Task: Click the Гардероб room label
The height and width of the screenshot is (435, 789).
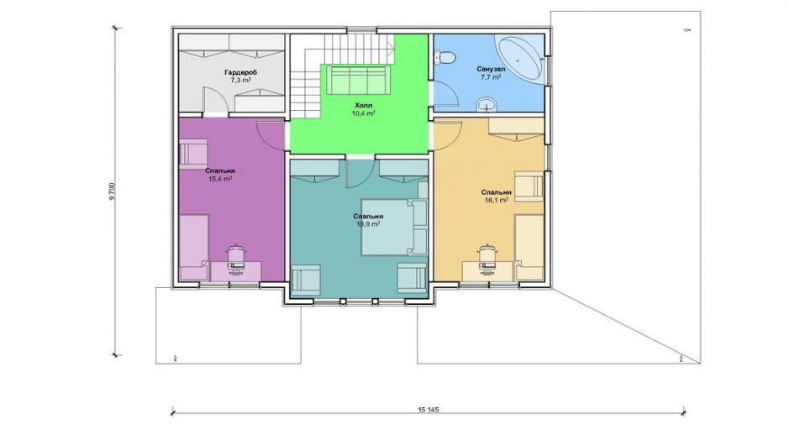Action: coord(240,72)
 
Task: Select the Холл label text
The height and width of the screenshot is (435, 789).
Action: coord(363,106)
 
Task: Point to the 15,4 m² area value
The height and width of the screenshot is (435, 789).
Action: coord(220,179)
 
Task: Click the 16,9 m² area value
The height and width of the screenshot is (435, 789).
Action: coord(368,223)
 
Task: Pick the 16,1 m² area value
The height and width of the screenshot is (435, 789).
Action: coord(496,200)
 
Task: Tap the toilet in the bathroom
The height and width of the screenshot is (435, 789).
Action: coord(444,57)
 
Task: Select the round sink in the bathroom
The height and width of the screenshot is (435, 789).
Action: coord(486,105)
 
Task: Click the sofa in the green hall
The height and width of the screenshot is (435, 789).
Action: coord(358,80)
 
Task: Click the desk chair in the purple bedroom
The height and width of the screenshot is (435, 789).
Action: coord(235,258)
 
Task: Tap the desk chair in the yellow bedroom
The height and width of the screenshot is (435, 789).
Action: coord(487,258)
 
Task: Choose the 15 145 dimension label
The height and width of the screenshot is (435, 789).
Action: coord(429,409)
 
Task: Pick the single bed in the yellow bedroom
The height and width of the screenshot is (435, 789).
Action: coord(529,248)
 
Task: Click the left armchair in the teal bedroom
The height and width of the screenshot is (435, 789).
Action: coord(306,280)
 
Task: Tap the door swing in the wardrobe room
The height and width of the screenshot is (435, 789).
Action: coord(215,100)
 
